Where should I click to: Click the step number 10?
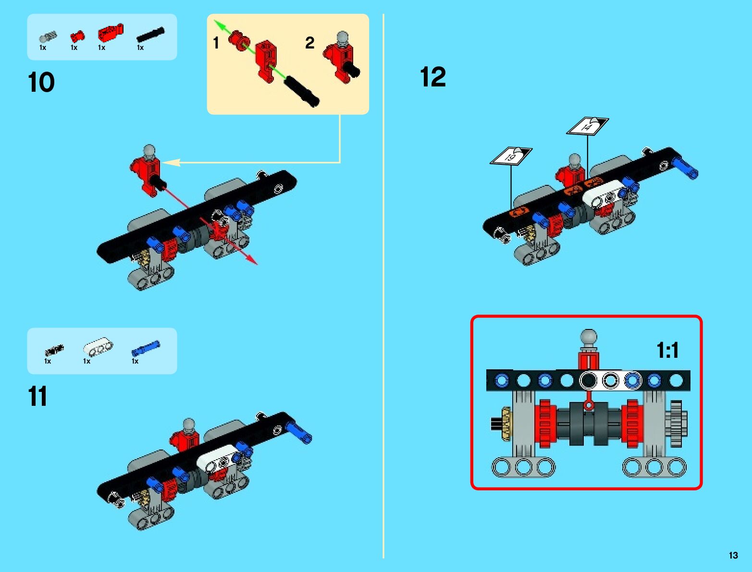41,83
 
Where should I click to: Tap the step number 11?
37,397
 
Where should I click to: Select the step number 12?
433,77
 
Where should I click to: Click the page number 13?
733,555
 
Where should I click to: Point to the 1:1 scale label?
667,350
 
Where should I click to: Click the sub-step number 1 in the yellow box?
216,43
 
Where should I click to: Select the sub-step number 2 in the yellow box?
310,43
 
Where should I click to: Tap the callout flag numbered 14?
587,126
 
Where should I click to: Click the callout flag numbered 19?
511,156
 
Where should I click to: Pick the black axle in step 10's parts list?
150,35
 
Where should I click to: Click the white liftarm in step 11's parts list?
98,347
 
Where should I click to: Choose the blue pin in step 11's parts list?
146,348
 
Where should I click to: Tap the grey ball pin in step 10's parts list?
48,37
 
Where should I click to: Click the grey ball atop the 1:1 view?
589,337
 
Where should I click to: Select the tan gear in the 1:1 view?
506,424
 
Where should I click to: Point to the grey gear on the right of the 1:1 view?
676,424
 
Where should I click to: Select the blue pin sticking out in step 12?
686,168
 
